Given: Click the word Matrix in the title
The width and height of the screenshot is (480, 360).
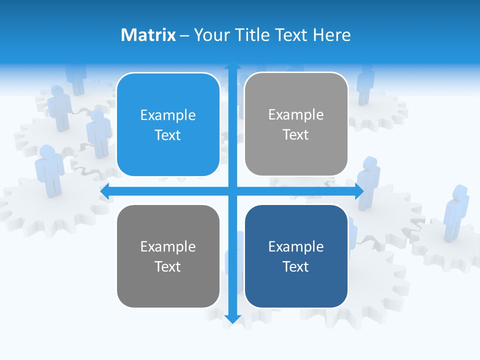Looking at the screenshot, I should (x=148, y=35).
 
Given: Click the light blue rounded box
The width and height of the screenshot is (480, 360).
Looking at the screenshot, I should (x=168, y=124).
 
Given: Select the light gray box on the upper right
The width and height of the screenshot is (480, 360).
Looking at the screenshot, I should (x=296, y=124).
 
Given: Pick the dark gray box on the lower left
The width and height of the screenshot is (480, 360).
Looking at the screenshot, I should (x=168, y=256).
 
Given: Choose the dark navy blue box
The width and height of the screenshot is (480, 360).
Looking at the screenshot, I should (x=296, y=256).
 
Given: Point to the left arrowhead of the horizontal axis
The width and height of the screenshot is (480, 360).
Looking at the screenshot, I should (x=105, y=191).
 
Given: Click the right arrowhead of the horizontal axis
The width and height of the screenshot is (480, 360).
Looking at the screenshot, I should (x=359, y=191).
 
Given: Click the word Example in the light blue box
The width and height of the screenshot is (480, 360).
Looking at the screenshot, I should (x=168, y=115).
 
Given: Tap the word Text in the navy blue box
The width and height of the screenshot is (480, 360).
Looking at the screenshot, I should (x=296, y=266).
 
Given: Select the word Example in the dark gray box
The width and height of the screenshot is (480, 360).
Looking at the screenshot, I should (x=168, y=246).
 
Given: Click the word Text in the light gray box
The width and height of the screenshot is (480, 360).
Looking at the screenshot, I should (x=296, y=135).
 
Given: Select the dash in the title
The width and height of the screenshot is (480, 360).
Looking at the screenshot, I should (x=184, y=35).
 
